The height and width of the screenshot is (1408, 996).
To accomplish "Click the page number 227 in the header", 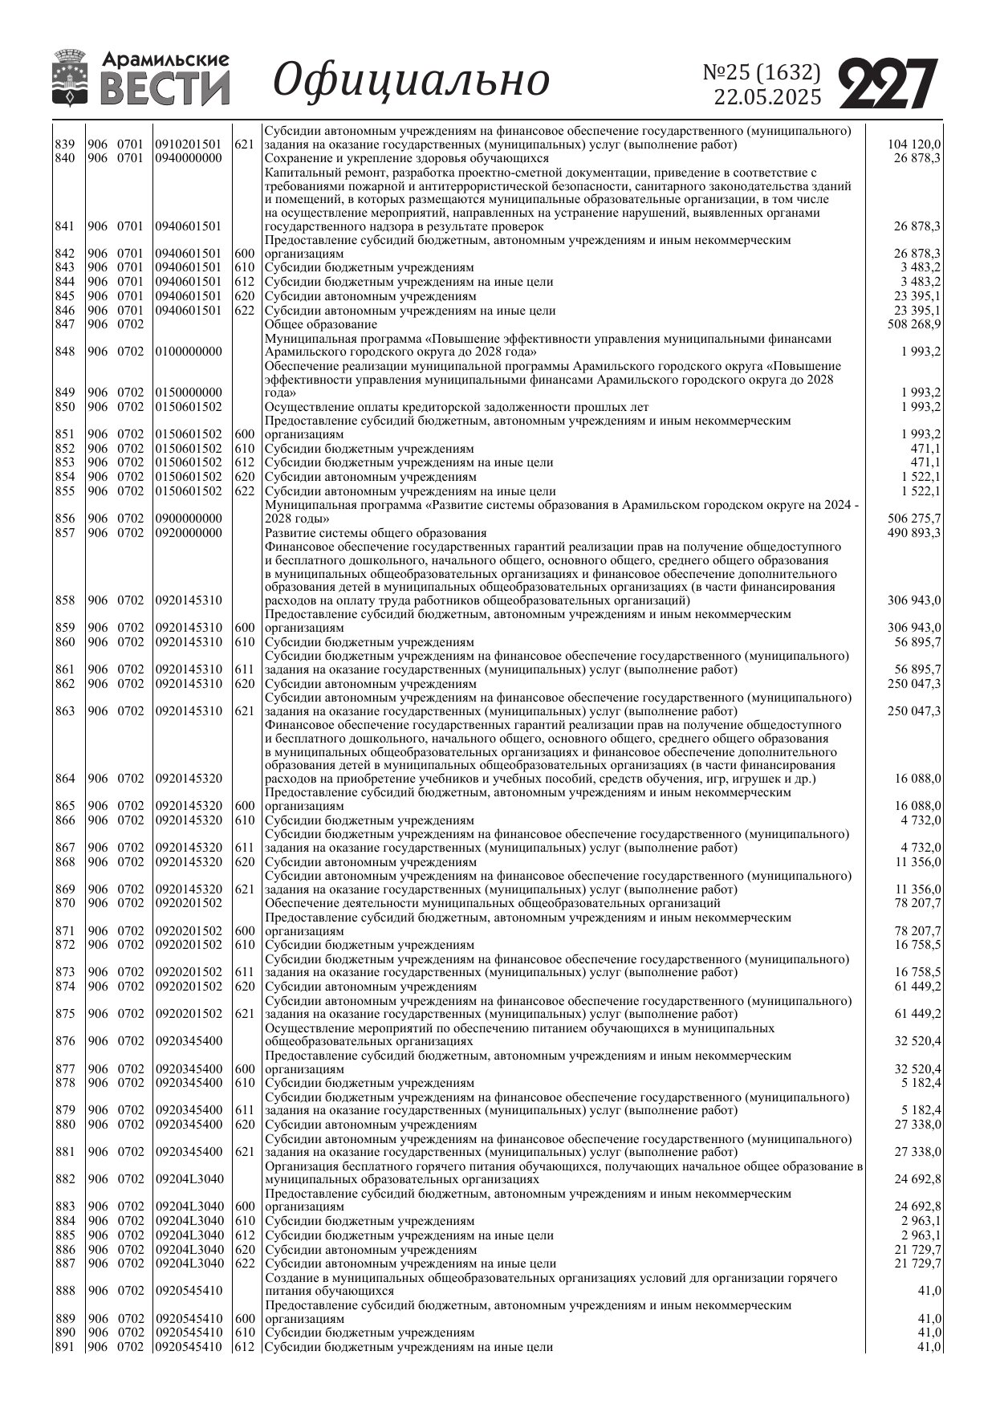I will click(x=888, y=83).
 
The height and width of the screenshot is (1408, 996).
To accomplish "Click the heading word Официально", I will click(x=412, y=80).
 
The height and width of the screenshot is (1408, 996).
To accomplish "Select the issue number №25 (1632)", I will click(x=762, y=72).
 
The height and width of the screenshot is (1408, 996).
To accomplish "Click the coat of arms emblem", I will click(x=71, y=78).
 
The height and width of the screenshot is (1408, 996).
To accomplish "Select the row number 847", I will click(x=65, y=324).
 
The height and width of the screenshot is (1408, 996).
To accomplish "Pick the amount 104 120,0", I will click(x=914, y=144).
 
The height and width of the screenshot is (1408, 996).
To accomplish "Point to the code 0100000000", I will click(x=189, y=352).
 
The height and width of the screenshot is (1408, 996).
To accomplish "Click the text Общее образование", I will click(x=321, y=324).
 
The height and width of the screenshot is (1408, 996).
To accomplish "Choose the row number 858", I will click(x=65, y=600).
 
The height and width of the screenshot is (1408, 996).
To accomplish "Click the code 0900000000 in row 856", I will click(x=189, y=519).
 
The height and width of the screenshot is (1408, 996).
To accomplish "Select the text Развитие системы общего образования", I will click(x=376, y=533).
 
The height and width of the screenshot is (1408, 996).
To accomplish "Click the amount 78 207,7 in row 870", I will click(x=917, y=903).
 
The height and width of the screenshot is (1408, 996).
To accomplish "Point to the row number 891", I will click(x=65, y=1347).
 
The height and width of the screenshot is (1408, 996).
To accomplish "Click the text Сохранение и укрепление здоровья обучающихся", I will click(x=407, y=158).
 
